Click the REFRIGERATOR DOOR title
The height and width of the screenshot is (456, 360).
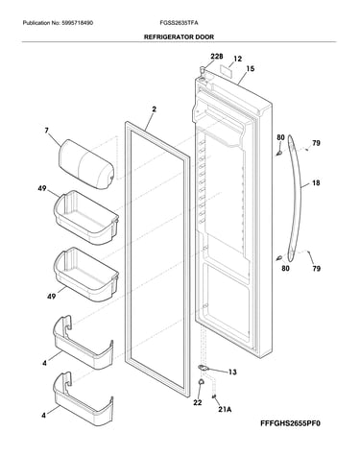[x=179, y=36]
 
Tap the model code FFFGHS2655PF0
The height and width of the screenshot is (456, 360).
[x=290, y=423]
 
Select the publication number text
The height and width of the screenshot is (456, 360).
[x=58, y=23]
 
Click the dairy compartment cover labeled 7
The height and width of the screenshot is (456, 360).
[x=86, y=164]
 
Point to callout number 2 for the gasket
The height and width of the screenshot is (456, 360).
[x=154, y=109]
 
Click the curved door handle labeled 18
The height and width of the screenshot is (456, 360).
[x=295, y=199]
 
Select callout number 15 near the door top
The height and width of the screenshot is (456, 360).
[x=251, y=68]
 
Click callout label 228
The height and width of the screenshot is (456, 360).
[x=217, y=57]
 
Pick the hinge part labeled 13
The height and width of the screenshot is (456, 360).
[x=203, y=368]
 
